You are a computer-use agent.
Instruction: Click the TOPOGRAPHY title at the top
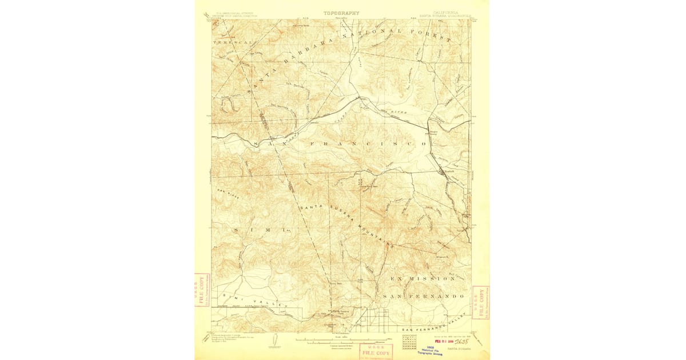pyautogui.click(x=341, y=13)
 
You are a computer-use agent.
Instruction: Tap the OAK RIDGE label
pyautogui.click(x=227, y=192)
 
